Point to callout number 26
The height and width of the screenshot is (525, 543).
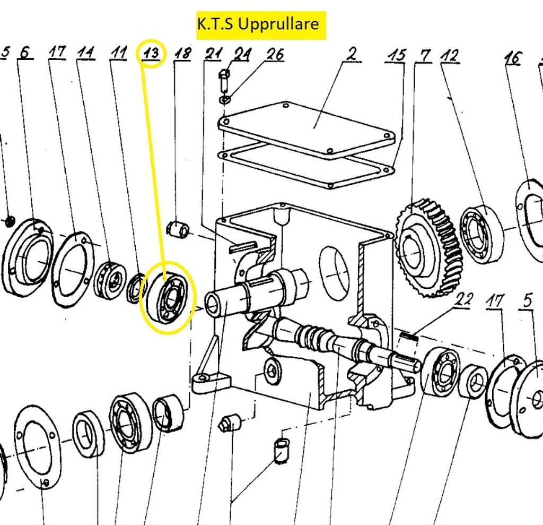click(275, 54)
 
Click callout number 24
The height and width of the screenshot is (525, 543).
click(241, 54)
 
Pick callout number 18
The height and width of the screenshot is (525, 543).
click(182, 54)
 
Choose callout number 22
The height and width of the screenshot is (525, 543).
click(465, 300)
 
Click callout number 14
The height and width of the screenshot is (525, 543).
click(85, 53)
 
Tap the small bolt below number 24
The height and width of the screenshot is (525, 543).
click(224, 80)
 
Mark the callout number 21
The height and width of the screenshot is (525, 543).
click(214, 54)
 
